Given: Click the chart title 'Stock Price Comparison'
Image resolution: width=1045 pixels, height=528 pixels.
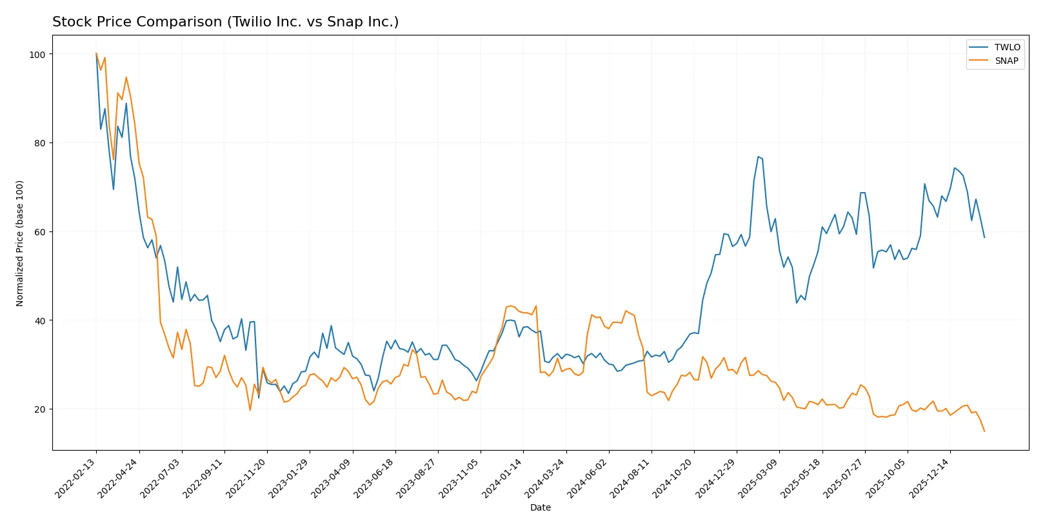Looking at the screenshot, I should coord(225,22).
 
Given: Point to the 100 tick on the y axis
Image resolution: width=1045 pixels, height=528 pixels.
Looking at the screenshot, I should coord(37,55).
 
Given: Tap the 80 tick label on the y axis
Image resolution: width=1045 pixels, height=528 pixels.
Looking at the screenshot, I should coord(40,143).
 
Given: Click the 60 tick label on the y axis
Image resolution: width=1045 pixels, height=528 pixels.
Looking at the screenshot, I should coord(40,232).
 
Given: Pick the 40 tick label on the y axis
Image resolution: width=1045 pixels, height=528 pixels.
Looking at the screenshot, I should coord(40,321).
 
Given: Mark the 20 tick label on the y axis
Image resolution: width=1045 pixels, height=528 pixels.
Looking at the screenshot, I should coord(40,409).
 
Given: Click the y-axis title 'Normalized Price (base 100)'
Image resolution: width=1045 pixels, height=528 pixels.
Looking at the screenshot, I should coord(20,243).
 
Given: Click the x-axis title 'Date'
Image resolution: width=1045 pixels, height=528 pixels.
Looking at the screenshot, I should coord(540,507).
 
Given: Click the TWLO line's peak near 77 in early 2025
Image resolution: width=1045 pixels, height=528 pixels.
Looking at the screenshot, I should coord(758,157).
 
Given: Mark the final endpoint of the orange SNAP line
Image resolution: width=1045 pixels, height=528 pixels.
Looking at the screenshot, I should coord(984,431).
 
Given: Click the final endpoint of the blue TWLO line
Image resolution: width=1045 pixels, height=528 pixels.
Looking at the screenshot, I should coord(984,237).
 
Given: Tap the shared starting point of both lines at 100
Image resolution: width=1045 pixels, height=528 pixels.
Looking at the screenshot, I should coord(96,54).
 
